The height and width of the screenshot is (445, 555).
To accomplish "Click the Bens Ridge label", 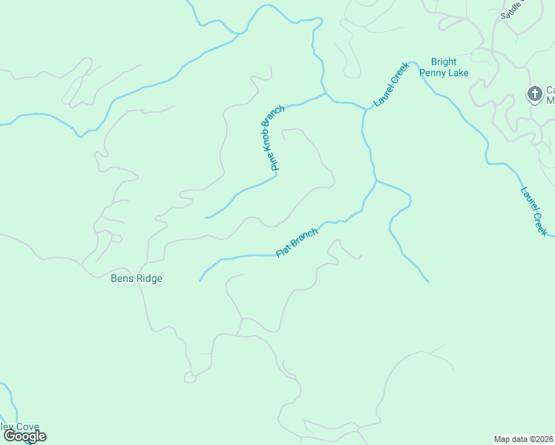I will pos(136,279).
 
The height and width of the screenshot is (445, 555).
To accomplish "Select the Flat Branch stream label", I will pos(297,243).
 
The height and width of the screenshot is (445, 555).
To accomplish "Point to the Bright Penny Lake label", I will pos(444,67).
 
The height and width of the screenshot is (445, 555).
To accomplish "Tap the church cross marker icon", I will pos(533,94).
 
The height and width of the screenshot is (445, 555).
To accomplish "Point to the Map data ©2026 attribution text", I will pos(523,439).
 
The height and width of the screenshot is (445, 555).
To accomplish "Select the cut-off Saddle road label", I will pos(511,9).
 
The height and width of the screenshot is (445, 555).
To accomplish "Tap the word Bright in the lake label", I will pos(444,62).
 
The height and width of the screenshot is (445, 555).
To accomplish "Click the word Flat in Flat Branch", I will pos(283,251).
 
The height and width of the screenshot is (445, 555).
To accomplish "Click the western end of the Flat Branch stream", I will pos(200,280).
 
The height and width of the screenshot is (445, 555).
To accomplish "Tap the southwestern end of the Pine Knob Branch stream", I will pos(206,217).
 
